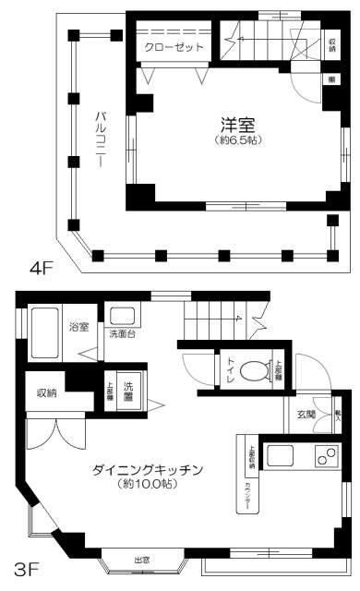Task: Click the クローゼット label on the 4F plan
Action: (x=174, y=48)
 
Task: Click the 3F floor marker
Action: (x=25, y=562)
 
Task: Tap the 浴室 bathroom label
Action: (x=79, y=327)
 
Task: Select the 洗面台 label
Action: (x=122, y=334)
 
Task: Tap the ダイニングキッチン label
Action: (x=147, y=468)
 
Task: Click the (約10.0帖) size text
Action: (x=147, y=484)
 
